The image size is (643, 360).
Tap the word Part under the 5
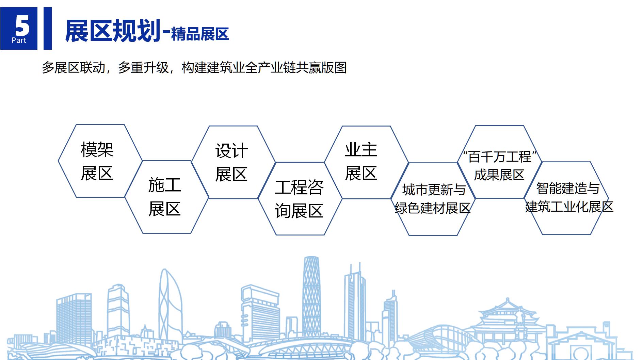pyautogui.click(x=19, y=40)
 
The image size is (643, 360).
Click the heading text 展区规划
pyautogui.click(x=113, y=31)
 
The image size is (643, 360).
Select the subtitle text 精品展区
pyautogui.click(x=200, y=34)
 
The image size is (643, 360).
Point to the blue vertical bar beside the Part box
pyautogui.click(x=48, y=28)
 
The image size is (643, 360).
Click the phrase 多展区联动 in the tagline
pyautogui.click(x=74, y=68)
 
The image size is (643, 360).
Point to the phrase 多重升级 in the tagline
pyautogui.click(x=143, y=68)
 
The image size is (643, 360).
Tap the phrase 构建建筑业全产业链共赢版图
pyautogui.click(x=264, y=68)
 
